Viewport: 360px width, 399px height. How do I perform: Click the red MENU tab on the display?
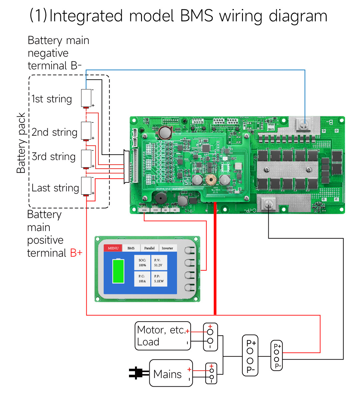coord(113,248)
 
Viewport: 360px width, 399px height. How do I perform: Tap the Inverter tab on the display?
coord(167,248)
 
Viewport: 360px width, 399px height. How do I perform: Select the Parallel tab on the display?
coord(149,248)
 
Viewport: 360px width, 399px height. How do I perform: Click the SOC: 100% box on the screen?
coord(142,263)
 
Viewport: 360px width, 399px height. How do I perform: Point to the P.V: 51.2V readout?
coord(158,263)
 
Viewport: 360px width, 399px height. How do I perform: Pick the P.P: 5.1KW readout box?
coord(159,279)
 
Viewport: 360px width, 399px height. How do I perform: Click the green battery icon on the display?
coord(118,271)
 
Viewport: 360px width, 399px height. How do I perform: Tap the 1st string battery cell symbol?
coord(86,98)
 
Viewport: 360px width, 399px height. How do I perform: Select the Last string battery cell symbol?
coord(86,186)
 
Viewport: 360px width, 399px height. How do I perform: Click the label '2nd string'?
coord(54,132)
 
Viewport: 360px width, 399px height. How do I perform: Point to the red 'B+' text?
coord(76,253)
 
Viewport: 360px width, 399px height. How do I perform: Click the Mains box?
coord(171,373)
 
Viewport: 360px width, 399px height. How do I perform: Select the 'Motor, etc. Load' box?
coord(163,336)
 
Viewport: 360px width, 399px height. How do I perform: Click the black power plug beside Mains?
coord(137,373)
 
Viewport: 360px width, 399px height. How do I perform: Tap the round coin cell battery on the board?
coord(165,132)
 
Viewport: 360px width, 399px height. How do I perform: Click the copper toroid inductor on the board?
coord(211,180)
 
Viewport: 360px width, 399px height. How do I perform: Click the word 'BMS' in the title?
coord(196,16)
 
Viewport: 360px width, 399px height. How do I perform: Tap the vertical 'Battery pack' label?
coord(21,143)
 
